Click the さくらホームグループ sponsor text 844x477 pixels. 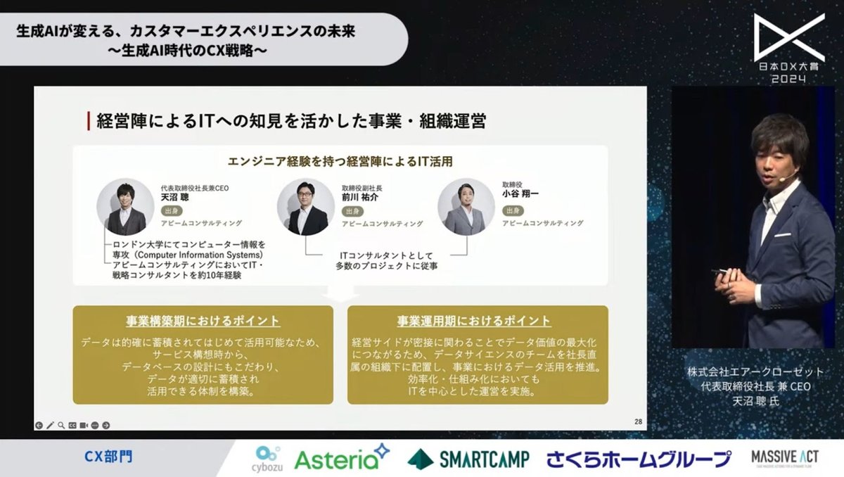tap(639, 459)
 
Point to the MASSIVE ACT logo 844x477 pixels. tap(779, 458)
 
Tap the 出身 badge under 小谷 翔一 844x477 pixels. tap(511, 210)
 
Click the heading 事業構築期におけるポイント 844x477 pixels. tap(203, 321)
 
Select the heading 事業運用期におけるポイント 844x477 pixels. tap(478, 321)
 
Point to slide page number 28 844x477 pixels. tap(638, 421)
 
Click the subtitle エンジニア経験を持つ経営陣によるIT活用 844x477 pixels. tap(340, 161)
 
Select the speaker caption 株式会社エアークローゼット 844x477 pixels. tap(755, 371)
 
